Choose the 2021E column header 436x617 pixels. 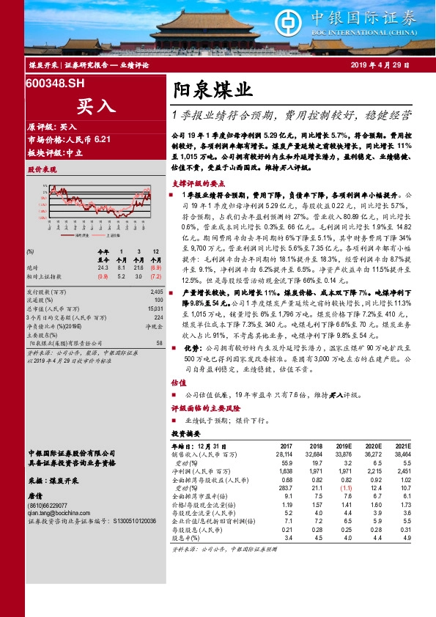tap(403, 446)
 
